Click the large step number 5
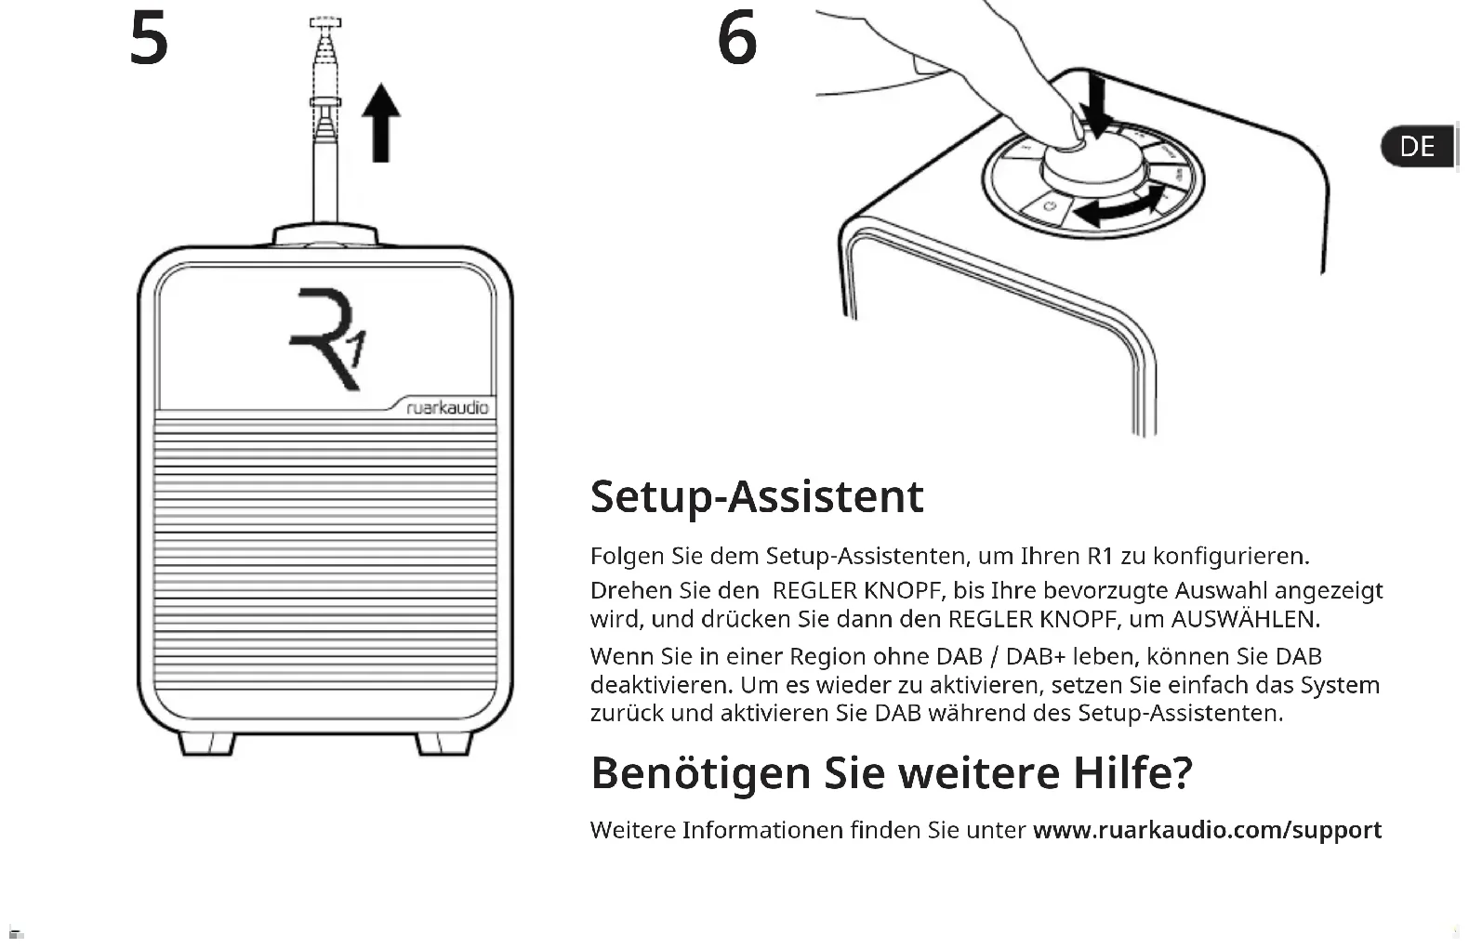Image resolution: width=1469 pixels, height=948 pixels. tap(149, 39)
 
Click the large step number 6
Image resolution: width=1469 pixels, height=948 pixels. tap(737, 39)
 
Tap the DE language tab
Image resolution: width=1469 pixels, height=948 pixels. tap(1417, 147)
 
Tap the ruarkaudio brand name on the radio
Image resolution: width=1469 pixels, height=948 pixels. tap(447, 408)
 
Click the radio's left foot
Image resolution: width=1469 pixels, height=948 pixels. tap(205, 744)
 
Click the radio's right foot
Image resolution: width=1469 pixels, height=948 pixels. tap(443, 744)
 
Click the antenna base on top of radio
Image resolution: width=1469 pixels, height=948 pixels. tap(325, 233)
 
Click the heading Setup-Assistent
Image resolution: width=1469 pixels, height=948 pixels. tap(757, 496)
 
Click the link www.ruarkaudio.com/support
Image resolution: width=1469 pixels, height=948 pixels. tap(1207, 830)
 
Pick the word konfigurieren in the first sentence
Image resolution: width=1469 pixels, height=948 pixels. tap(1230, 556)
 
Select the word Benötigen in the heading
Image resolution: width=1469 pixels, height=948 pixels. tap(700, 772)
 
